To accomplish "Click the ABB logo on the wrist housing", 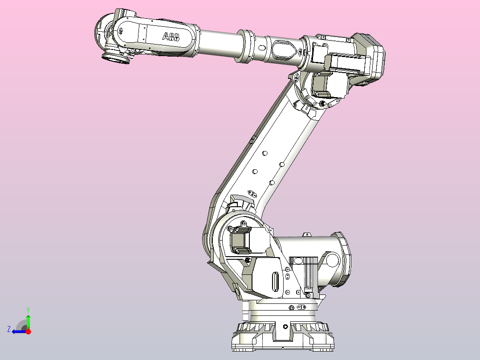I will coord(171,37).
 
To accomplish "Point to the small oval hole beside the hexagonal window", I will coord(262,47).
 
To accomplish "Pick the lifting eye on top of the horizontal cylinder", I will coord(306,234).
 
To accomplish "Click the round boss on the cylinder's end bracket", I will coord(331,260).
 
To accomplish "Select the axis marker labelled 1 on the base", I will coord(301,307).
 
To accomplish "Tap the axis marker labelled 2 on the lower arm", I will coord(252,194).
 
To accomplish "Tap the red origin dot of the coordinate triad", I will coord(28,331).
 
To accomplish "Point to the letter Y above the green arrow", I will coord(28,309).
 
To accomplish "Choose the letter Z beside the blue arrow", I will coord(9,329).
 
